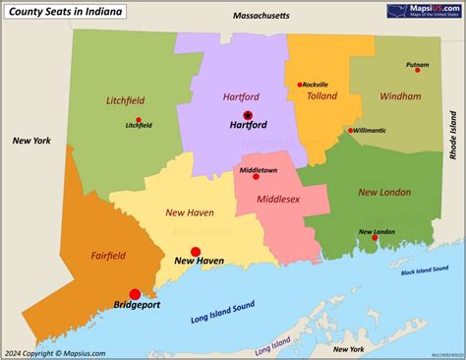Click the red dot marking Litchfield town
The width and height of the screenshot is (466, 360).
(139, 120)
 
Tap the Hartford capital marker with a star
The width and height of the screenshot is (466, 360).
(248, 115)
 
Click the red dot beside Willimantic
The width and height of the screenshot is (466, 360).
(350, 130)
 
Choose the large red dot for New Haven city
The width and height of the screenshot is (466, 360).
(196, 252)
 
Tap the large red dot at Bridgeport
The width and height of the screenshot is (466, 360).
(135, 293)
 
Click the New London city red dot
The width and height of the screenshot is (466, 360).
(373, 238)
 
